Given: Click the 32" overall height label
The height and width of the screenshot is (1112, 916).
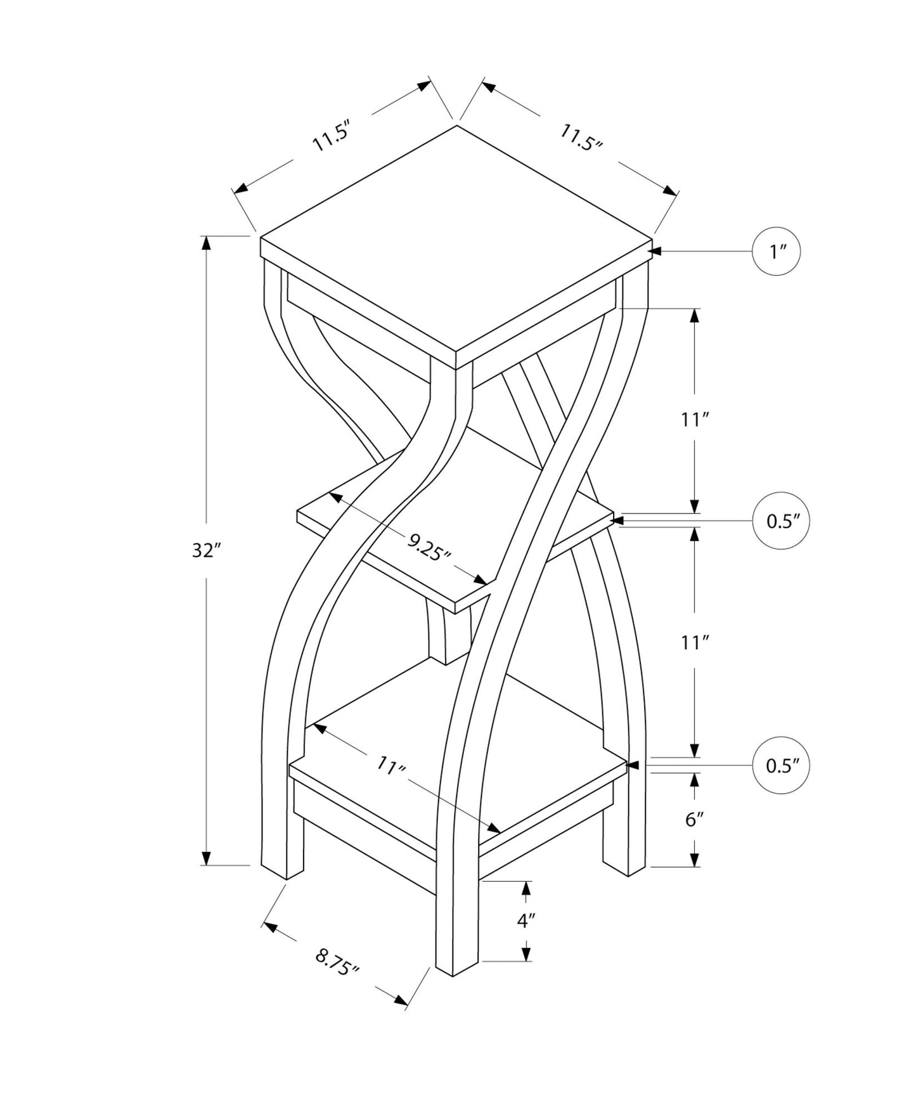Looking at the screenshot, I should coord(205,551).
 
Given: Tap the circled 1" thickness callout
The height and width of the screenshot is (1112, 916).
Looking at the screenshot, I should coord(776,252).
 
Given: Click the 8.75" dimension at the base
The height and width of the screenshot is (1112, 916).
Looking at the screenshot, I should coord(337,962).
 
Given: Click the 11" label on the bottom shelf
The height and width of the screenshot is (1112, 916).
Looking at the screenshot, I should coord(390,766).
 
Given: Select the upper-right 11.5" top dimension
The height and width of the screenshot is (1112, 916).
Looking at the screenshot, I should coord(580,138).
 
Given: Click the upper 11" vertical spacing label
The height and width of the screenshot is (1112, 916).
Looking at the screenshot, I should coord(694,419).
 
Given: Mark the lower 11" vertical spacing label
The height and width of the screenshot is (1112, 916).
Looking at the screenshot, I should coord(694,643).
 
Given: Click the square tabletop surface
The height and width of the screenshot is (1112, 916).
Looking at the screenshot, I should coord(456,244).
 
